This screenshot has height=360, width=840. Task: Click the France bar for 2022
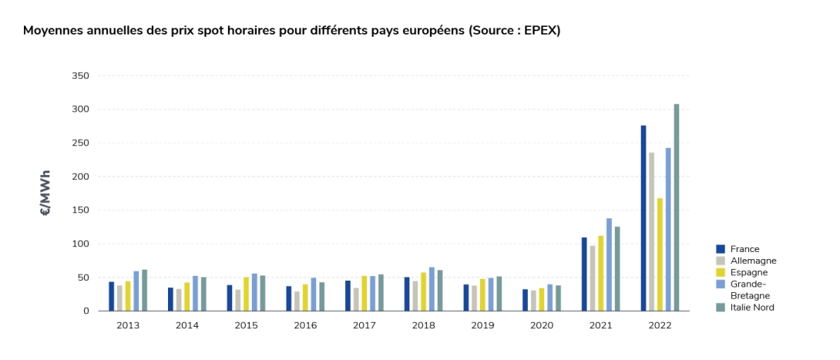coord(643,218)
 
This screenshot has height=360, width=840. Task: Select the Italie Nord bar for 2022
coord(676,207)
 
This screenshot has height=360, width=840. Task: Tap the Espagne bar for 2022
coord(660,254)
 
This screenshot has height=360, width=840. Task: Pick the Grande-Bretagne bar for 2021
coord(609,264)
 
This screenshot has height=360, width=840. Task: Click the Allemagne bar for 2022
coord(651,232)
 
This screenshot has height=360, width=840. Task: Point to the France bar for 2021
coord(584,274)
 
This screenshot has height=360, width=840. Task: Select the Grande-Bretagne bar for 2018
coord(432,289)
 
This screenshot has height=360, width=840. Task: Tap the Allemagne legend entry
coord(746,261)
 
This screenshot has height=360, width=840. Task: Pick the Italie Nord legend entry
coord(745,308)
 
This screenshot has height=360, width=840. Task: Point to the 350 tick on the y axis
coord(80,76)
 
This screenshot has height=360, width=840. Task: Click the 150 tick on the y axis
coord(80,210)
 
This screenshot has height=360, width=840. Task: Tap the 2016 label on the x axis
coord(305,325)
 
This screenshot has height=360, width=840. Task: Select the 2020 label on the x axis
coord(542,325)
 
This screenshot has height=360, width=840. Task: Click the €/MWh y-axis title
coord(45,193)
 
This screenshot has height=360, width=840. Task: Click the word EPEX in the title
coord(540,31)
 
